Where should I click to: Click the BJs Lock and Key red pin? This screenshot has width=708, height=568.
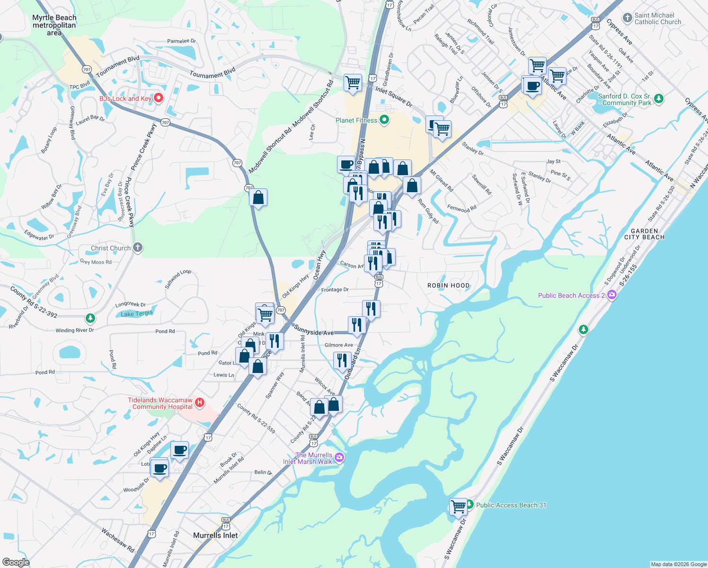tap(159, 98)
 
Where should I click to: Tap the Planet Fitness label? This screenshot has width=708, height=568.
tap(356, 120)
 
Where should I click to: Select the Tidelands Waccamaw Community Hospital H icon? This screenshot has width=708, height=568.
tap(200, 403)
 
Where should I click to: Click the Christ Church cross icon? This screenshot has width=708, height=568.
tap(138, 248)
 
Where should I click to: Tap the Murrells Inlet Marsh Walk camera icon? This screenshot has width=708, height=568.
tap(339, 457)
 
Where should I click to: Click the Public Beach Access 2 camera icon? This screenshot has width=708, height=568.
tap(612, 295)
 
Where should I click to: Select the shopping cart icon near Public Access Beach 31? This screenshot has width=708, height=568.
tap(458, 506)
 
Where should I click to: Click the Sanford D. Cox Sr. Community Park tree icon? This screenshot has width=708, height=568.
tap(658, 99)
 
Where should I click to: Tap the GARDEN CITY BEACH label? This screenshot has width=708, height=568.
tap(644, 234)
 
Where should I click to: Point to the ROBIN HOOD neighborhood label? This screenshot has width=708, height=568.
tap(448, 285)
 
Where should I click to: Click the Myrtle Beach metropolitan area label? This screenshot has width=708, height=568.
tap(54, 25)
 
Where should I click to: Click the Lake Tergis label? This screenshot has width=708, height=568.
tap(136, 314)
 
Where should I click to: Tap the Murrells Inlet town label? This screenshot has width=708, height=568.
tap(215, 535)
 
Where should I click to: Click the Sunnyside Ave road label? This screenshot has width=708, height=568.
tap(313, 330)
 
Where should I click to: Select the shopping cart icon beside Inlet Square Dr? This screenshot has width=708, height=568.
tap(353, 82)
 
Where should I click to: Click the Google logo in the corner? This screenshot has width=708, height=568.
tap(16, 562)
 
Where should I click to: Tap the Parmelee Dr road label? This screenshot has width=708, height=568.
tap(181, 41)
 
